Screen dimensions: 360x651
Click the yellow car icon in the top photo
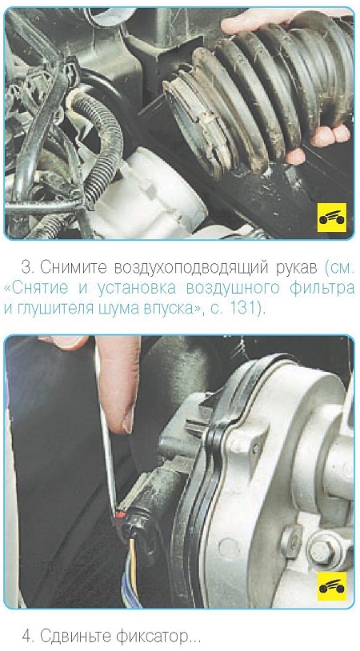[331, 218]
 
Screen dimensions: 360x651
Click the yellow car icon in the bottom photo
[331, 585]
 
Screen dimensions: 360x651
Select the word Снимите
[72, 268]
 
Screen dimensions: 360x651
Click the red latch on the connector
[121, 514]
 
